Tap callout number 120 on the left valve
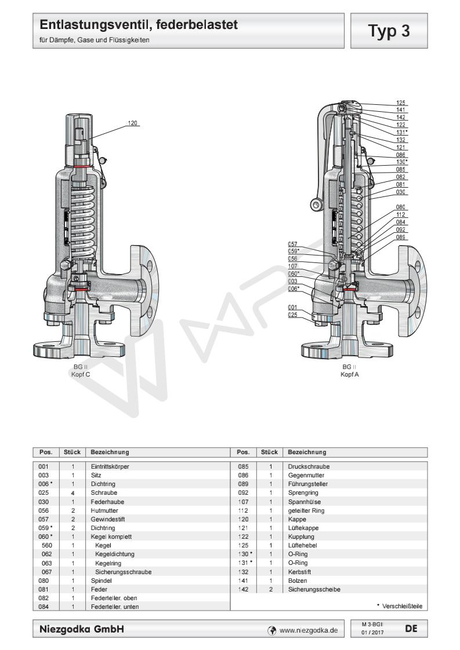[133, 123]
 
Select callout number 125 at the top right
[400, 102]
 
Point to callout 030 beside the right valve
[400, 192]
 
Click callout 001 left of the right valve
[293, 307]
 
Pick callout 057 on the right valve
[293, 244]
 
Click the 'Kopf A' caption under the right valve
[349, 374]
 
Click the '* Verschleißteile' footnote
[399, 606]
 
